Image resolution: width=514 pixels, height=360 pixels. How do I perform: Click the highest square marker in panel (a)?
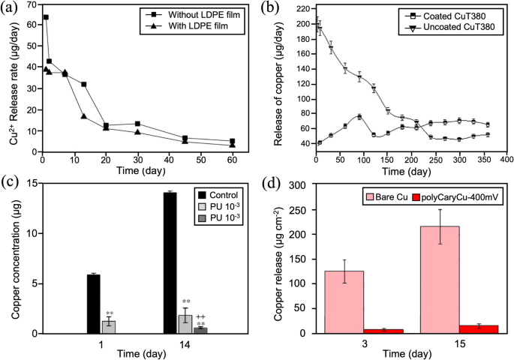coord(46,16)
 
